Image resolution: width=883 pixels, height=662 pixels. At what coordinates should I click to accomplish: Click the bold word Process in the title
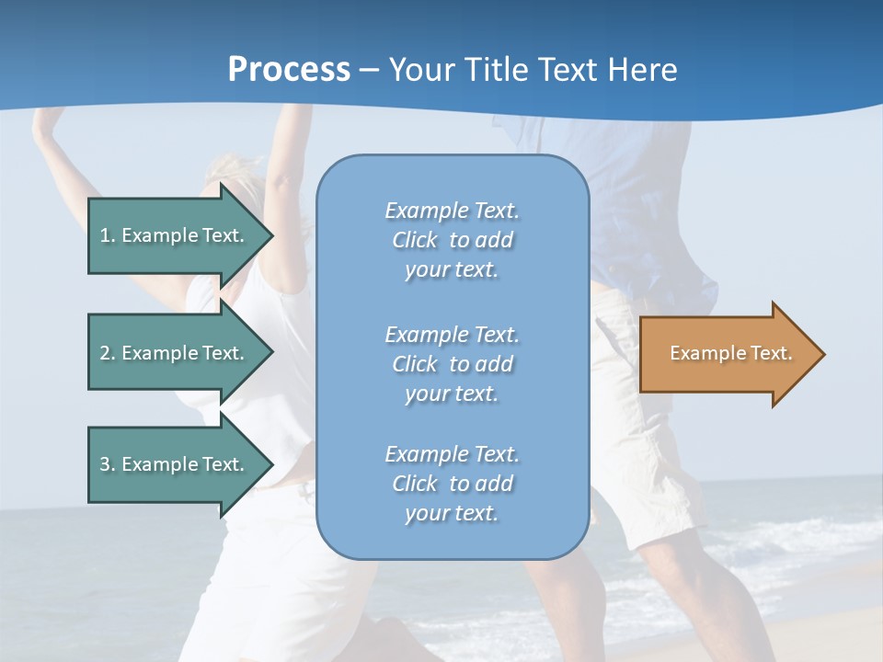coord(289,70)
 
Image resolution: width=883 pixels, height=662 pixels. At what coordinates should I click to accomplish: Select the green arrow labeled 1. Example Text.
coord(175,235)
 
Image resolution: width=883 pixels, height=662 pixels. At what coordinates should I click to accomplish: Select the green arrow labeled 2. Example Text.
coord(175,353)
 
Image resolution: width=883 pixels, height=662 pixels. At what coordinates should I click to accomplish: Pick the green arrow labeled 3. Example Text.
coord(175,464)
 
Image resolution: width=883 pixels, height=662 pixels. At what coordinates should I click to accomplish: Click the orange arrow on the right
coord(727,354)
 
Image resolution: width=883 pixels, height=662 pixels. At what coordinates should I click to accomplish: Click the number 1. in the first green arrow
coord(108,235)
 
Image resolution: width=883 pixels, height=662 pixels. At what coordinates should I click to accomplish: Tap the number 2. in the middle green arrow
coord(108,353)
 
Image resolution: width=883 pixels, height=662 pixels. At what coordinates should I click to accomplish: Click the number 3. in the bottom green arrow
coord(108,464)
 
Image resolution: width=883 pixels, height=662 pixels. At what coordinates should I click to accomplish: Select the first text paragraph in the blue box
coord(452,240)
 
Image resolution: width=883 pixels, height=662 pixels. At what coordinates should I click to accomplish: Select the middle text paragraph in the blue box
coord(452,364)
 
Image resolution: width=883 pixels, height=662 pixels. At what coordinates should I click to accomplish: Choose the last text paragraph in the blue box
coord(452,484)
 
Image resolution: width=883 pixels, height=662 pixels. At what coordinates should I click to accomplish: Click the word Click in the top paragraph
coord(415,241)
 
